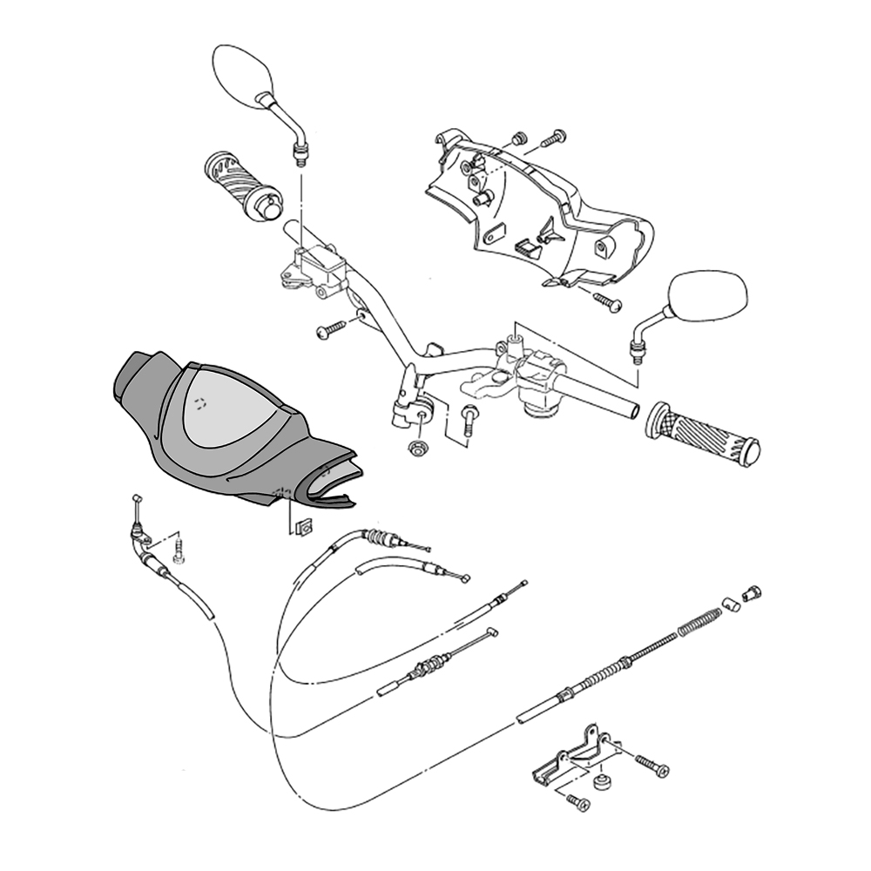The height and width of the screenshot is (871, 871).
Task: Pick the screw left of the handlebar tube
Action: [331, 330]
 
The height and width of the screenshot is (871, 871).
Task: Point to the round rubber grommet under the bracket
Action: [600, 780]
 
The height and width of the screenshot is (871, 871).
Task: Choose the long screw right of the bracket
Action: [651, 766]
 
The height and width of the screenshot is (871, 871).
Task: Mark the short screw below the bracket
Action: [577, 801]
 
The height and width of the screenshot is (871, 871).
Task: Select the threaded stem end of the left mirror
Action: [300, 155]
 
